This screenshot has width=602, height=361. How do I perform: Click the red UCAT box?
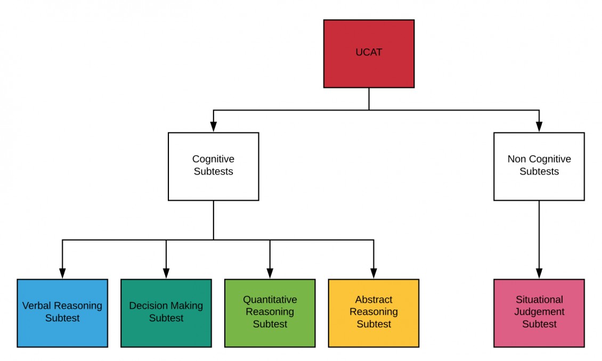[369, 53]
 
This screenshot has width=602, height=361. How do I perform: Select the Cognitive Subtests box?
[213, 166]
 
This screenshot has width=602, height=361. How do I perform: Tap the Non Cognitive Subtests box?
[539, 166]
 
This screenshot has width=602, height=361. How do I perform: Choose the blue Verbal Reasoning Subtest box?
[62, 313]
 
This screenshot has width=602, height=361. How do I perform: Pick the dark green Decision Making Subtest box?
[166, 313]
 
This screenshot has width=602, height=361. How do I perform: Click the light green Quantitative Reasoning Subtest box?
[270, 313]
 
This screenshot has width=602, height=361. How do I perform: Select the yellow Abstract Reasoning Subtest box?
[373, 313]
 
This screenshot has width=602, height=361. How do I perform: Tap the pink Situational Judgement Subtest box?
[539, 313]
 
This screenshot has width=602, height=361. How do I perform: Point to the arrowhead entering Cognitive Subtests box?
[213, 127]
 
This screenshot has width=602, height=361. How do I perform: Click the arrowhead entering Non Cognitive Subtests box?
[539, 127]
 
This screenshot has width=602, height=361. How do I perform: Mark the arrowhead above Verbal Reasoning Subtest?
[62, 273]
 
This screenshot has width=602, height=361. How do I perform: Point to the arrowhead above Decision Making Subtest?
[166, 273]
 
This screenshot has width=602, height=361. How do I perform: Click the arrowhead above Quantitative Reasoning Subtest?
[270, 273]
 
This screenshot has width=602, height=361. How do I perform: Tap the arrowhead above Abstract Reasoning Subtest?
[373, 273]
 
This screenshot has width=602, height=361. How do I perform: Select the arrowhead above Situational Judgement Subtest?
[539, 273]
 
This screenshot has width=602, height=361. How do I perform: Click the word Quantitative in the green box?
[270, 300]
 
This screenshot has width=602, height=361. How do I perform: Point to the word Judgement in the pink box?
[539, 312]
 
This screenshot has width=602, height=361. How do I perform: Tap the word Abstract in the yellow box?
[373, 300]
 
